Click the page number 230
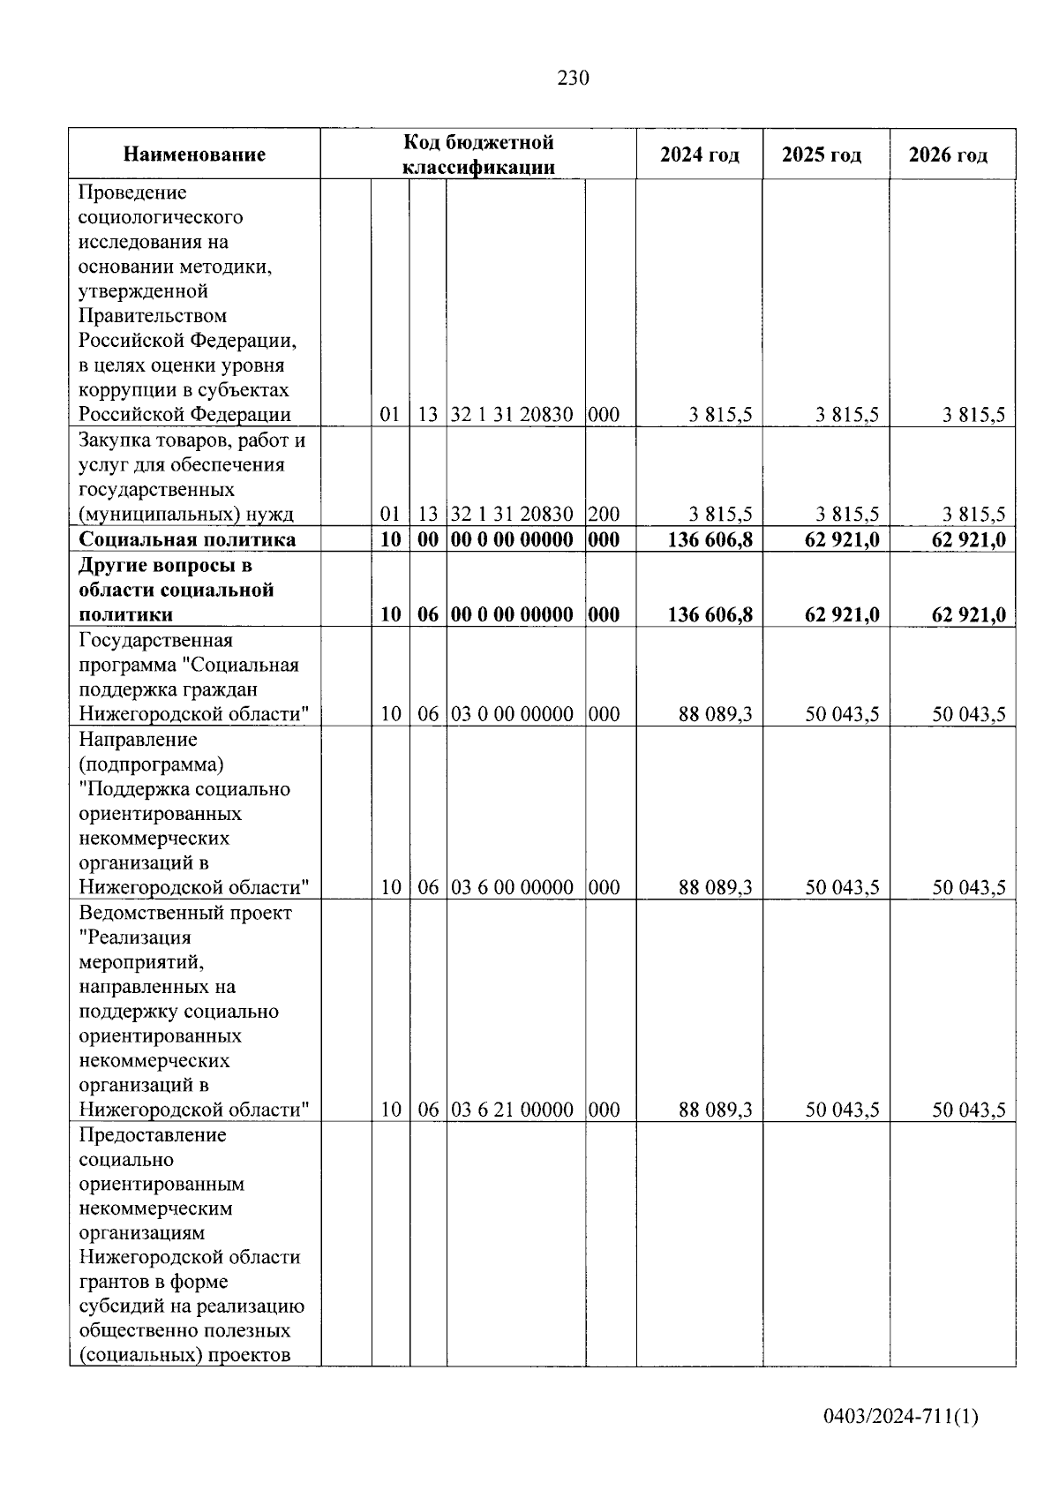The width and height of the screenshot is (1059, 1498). pos(573,79)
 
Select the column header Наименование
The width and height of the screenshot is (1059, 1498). pos(194,155)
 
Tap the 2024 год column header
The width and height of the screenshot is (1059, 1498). pos(699,155)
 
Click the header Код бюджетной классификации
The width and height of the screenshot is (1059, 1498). pos(478,154)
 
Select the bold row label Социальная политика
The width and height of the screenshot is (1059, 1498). pos(187,539)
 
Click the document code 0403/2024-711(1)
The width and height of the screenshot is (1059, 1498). pos(901,1418)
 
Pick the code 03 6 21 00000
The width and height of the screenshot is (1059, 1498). pos(512,1110)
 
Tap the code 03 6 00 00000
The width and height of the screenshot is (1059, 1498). pos(512,887)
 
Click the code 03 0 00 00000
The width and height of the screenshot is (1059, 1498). pos(512,714)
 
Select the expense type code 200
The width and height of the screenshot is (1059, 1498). pos(604,514)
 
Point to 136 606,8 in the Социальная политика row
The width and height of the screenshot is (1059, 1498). pos(710,539)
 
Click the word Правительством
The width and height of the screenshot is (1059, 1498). pos(153,316)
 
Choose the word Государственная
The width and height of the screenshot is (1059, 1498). pos(155,640)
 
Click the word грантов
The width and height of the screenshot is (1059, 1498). pos(112,1282)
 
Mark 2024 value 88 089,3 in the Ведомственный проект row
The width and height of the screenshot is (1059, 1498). pos(715,1110)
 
